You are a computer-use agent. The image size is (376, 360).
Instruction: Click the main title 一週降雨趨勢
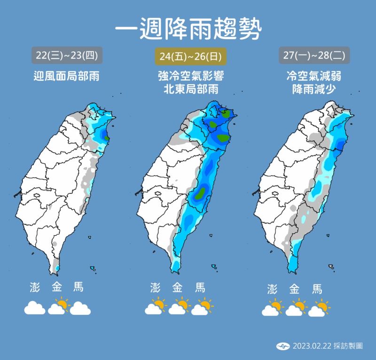188,29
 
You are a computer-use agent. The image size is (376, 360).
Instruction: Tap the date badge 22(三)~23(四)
67,56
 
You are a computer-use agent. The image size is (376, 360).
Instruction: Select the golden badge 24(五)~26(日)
190,56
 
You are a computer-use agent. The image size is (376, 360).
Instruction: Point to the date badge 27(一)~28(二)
314,56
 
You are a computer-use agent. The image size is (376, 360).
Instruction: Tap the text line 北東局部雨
190,89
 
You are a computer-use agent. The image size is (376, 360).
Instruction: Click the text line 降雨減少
314,89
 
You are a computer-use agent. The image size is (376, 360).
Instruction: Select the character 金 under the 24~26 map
178,288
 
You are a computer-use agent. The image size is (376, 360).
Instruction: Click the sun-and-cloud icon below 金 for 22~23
59,307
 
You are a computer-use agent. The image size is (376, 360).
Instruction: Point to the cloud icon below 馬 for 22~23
80,308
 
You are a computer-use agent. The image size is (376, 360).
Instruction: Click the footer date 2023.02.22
313,346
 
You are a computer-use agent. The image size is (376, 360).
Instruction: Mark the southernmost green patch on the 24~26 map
202,192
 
